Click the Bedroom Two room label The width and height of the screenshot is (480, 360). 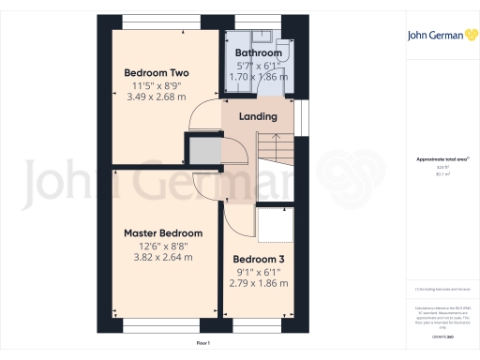[157, 72]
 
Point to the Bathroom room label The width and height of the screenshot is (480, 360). [258, 53]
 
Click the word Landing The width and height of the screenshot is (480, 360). [258, 117]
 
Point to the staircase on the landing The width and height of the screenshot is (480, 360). [271, 154]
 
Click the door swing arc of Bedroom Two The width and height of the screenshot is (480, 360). [202, 118]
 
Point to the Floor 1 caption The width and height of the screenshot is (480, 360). [203, 344]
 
